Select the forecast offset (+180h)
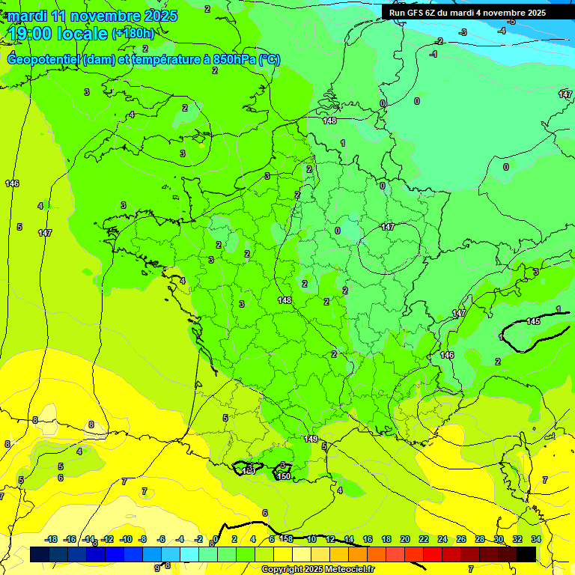click(x=133, y=34)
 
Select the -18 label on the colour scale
click(x=52, y=539)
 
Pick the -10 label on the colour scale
click(x=127, y=539)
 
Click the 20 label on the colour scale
click(x=405, y=539)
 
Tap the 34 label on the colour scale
click(x=536, y=539)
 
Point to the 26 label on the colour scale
click(x=460, y=539)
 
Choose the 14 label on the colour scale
click(x=349, y=539)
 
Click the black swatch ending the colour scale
click(x=526, y=554)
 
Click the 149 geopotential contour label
click(x=311, y=439)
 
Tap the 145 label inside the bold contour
click(x=533, y=321)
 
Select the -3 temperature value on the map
click(x=463, y=32)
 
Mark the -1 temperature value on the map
click(x=433, y=54)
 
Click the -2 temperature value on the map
click(x=439, y=41)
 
